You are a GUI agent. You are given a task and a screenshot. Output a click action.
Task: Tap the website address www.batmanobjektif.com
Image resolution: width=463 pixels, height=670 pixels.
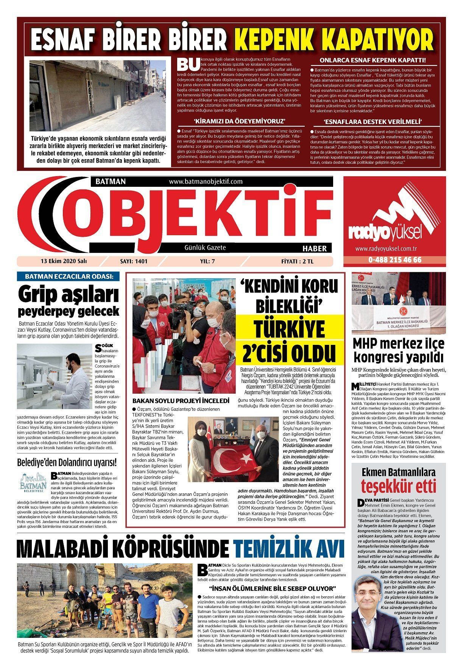click(206, 181)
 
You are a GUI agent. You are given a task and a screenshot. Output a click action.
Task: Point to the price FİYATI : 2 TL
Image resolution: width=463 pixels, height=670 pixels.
click(297, 261)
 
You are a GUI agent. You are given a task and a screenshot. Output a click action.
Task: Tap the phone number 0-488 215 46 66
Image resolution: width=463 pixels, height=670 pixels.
click(394, 260)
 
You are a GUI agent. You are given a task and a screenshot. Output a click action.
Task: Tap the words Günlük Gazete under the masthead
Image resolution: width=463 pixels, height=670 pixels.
click(205, 248)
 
